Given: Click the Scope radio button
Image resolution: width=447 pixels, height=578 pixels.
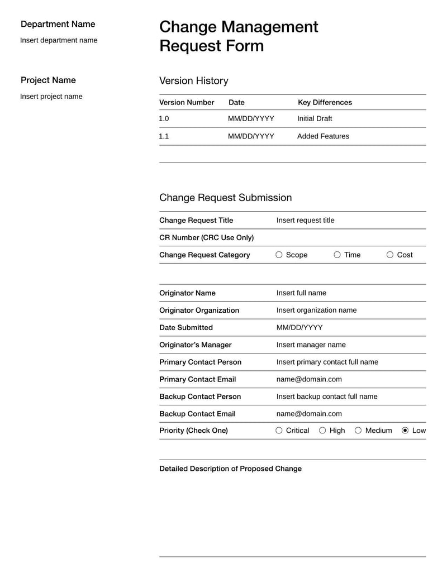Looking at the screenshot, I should pyautogui.click(x=279, y=255).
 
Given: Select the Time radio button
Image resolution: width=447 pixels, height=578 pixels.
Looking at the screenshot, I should pyautogui.click(x=337, y=255).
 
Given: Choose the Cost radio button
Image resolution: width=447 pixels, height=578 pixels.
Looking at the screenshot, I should pyautogui.click(x=390, y=255).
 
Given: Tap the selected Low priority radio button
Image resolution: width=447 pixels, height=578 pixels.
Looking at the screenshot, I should pyautogui.click(x=405, y=431).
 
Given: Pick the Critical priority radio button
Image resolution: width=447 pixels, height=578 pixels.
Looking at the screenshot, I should pyautogui.click(x=279, y=431).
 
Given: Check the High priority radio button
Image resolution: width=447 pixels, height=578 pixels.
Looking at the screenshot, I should pyautogui.click(x=322, y=431).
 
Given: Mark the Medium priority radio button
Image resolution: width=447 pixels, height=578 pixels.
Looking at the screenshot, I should pyautogui.click(x=358, y=431).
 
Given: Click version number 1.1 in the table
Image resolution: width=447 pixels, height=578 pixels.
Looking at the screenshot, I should pyautogui.click(x=164, y=136).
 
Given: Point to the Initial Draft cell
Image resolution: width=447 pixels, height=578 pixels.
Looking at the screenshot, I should pyautogui.click(x=315, y=118).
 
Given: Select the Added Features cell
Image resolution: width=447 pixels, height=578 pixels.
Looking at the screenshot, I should pyautogui.click(x=323, y=136).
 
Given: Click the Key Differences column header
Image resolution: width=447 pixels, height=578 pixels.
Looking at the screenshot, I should pyautogui.click(x=325, y=102).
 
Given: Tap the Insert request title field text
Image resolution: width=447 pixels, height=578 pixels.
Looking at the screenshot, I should pyautogui.click(x=305, y=220).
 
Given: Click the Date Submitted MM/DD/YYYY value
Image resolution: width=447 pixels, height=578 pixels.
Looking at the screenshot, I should pyautogui.click(x=299, y=327).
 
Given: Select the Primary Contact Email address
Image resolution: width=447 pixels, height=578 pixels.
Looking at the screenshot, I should pyautogui.click(x=309, y=379).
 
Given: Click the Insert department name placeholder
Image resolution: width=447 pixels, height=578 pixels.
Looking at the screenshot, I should pyautogui.click(x=59, y=40).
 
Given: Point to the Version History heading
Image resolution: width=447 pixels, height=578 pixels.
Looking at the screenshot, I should pyautogui.click(x=193, y=80).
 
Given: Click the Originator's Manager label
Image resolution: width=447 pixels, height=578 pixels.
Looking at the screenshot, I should pyautogui.click(x=195, y=345).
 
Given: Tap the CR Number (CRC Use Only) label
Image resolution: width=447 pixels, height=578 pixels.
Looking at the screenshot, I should pyautogui.click(x=206, y=237).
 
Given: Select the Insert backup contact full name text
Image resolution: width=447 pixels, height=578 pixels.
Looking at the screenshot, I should pyautogui.click(x=327, y=397).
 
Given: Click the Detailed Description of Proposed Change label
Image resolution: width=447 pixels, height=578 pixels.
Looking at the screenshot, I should pyautogui.click(x=230, y=469).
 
